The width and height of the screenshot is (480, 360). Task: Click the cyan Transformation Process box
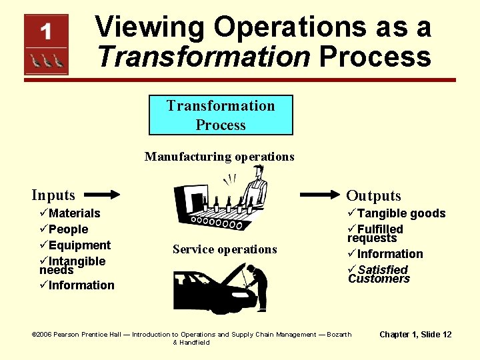coord(221,115)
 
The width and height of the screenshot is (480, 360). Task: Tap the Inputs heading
coord(53,195)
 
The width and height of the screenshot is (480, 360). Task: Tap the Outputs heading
coord(373,195)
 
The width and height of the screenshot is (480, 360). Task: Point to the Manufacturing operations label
coord(219,157)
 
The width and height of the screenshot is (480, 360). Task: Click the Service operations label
coord(225,249)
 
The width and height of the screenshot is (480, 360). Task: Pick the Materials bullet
coord(70,213)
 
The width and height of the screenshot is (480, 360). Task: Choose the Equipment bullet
coord(75,245)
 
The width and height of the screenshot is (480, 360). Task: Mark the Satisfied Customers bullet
coord(379,274)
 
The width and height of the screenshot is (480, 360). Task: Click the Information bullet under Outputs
coord(385,254)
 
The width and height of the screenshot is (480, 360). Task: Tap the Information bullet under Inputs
coord(77,285)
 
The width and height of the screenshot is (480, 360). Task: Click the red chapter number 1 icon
coord(46,45)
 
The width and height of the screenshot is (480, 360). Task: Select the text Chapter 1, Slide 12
coord(415,335)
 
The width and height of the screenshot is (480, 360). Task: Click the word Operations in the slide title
coord(290,28)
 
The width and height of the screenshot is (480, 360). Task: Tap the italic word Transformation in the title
coord(203,57)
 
